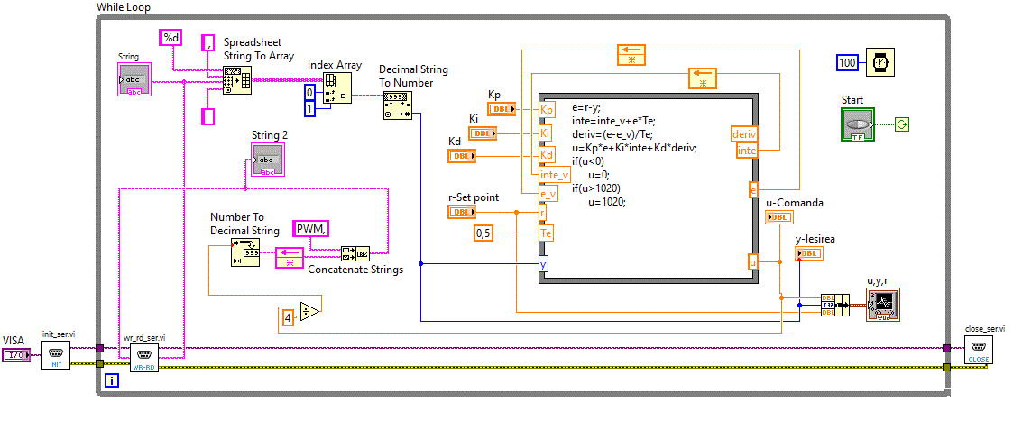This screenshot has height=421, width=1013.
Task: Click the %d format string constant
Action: tap(170, 37)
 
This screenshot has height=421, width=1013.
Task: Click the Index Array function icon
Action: tap(339, 86)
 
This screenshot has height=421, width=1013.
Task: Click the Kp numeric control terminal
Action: tap(502, 109)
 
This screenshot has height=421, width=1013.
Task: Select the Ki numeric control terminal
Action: tap(483, 133)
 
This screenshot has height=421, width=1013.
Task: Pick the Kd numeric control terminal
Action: tap(462, 156)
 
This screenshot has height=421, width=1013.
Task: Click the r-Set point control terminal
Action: tap(462, 212)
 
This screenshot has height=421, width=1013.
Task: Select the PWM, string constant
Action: tap(311, 229)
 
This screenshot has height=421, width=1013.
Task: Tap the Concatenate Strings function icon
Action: tap(355, 252)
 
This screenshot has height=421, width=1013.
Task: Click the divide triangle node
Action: tap(309, 311)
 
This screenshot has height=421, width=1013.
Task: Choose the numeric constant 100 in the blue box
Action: tap(847, 63)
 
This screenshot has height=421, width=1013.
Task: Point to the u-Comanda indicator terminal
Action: tap(780, 217)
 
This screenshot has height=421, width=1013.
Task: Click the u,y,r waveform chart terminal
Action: tap(882, 306)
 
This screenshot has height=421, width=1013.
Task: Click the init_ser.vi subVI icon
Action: tap(56, 355)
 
